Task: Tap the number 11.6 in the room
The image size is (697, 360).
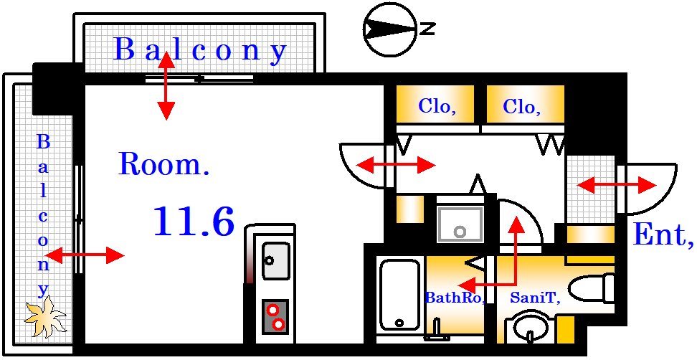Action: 194,222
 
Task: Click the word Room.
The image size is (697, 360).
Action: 164,164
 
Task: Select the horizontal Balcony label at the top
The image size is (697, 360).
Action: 201,50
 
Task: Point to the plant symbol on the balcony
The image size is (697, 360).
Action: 44,318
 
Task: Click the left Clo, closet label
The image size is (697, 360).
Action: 437,107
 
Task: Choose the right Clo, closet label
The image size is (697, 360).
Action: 521,107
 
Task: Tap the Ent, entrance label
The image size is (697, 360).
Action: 663,235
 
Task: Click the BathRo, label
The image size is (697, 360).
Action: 455,298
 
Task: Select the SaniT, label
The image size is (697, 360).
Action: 534,298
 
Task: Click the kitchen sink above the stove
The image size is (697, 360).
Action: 275,260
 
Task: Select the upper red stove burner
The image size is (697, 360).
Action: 272,309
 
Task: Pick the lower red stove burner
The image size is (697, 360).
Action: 279,325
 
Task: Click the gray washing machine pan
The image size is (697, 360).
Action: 460,224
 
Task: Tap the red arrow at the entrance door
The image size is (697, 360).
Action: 616,185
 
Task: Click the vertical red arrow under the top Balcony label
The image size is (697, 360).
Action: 166,85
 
